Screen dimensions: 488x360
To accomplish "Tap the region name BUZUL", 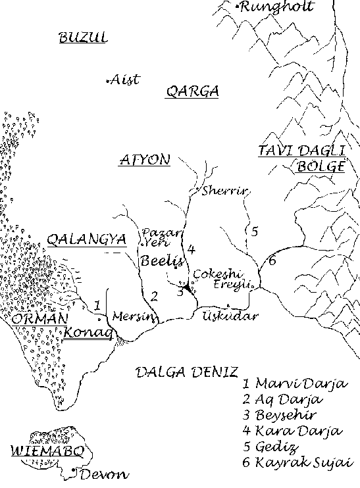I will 83,37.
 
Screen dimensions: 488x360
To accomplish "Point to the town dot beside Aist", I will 108,81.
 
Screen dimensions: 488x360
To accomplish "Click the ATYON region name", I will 144,160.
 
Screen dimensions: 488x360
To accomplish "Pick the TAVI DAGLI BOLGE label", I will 301,159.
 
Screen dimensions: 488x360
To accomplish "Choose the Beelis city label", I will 157,260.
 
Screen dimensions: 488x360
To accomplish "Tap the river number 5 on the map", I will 254,231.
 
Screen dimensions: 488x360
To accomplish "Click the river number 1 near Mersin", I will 97,305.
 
